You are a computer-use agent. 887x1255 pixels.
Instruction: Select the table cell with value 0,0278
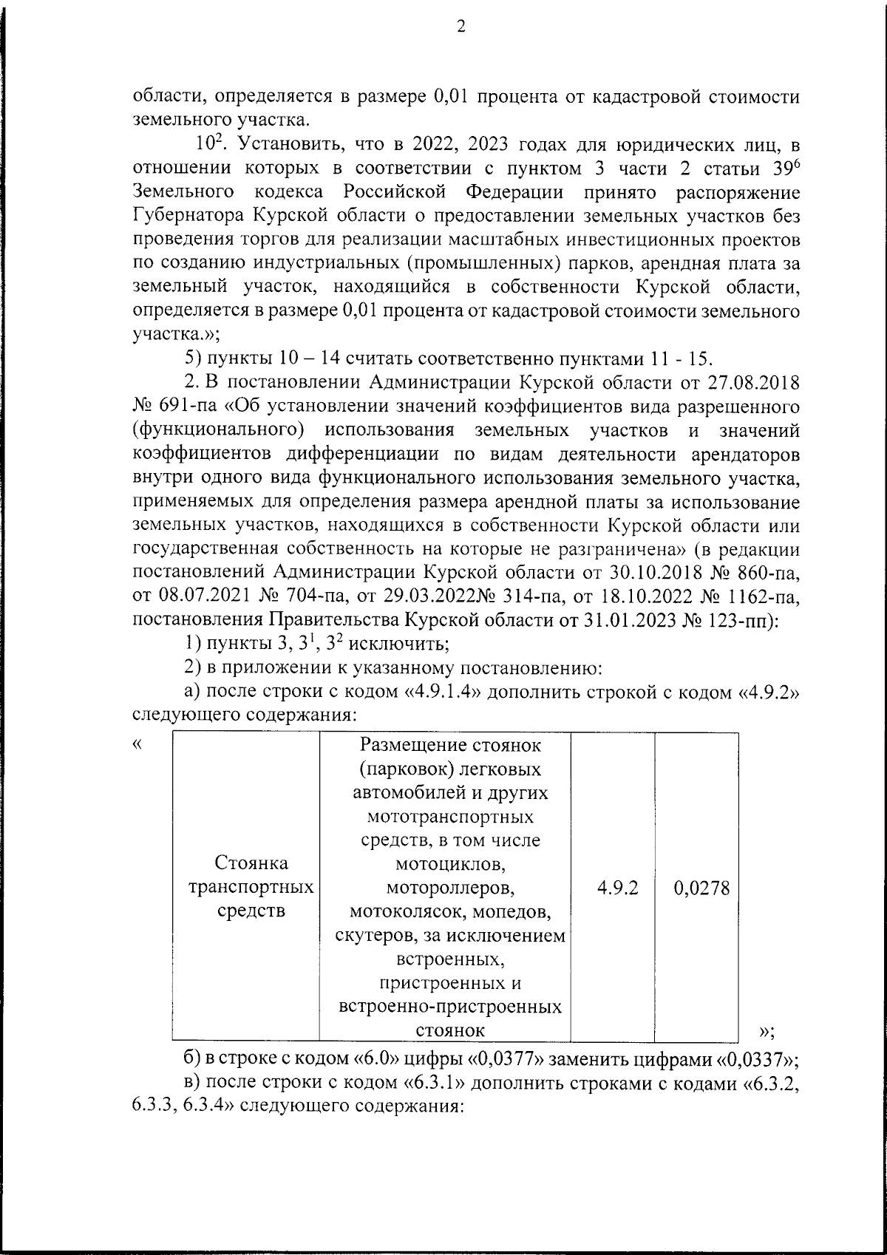(x=701, y=887)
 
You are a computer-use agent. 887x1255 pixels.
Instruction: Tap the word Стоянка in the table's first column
(x=251, y=863)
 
